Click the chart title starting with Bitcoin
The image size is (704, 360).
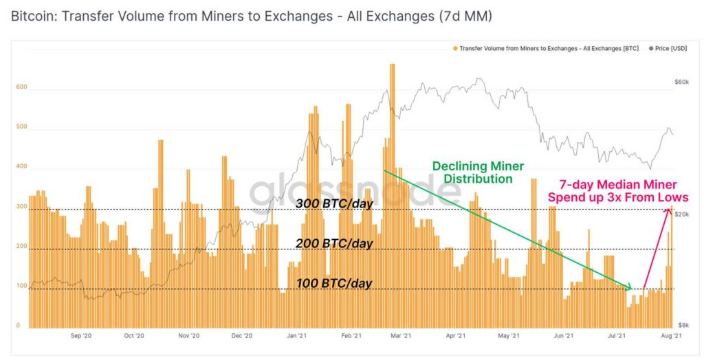[x=251, y=15]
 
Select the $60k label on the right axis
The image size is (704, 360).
[x=681, y=82]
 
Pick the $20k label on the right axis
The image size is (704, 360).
[x=681, y=215]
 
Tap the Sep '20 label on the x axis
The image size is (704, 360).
[x=82, y=337]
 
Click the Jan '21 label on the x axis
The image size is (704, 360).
[x=296, y=337]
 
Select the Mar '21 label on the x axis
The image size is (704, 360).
[x=401, y=337]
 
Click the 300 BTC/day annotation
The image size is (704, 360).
[x=334, y=203]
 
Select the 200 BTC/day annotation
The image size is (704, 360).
[x=334, y=243]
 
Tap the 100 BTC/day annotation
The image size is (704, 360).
[x=334, y=283]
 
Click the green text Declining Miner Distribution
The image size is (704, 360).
[x=477, y=172]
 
